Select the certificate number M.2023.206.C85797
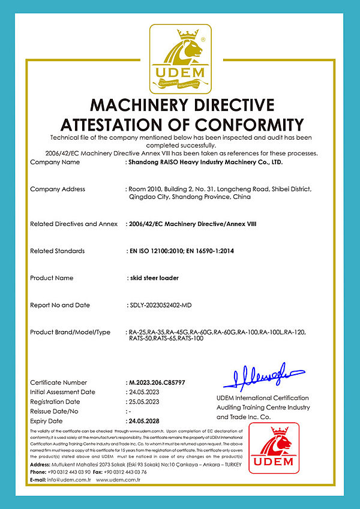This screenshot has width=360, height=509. pos(157,382)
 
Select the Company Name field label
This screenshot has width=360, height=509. pos(55,162)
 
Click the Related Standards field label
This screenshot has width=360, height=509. pos(57,251)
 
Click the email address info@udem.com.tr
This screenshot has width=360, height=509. pos(70,480)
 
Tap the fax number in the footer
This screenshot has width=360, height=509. pos(122,472)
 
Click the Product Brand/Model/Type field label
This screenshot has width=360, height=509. pos(70,332)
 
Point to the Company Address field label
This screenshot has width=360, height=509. pos(58,189)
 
